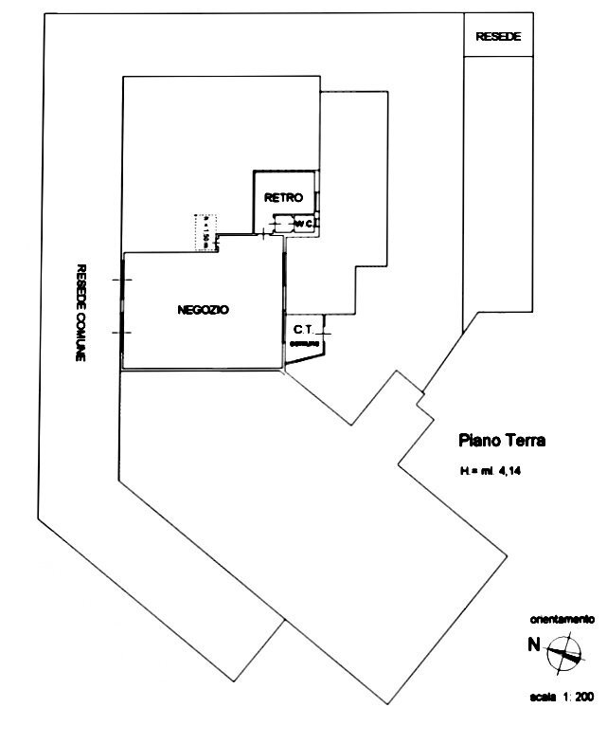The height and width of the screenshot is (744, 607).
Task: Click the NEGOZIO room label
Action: (204, 310)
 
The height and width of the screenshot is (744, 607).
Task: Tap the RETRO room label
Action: (283, 198)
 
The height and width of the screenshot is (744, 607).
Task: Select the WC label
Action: (303, 224)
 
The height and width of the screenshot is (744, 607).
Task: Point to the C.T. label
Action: (303, 329)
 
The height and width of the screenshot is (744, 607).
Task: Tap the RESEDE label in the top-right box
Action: (498, 37)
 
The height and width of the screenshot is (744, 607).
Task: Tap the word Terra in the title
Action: (525, 440)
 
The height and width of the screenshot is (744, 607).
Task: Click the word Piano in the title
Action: (478, 440)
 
